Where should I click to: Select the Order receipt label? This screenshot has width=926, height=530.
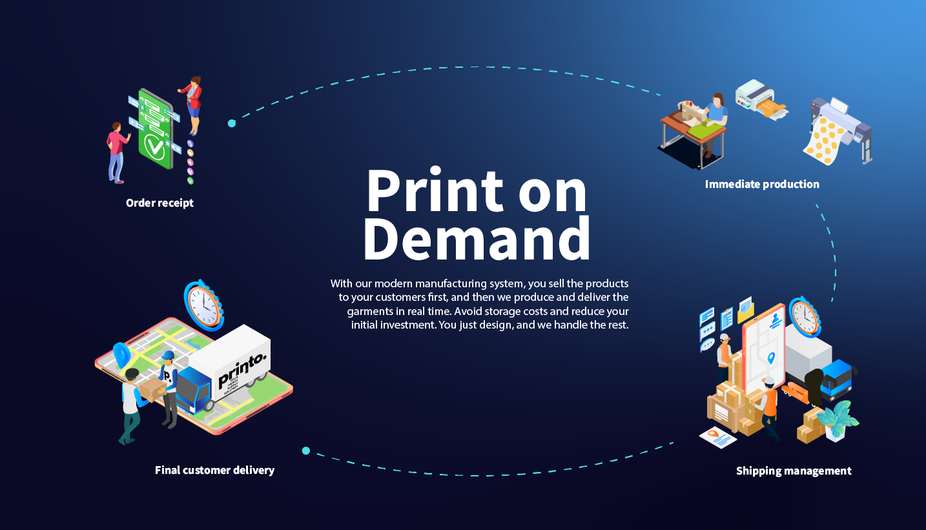click(159, 203)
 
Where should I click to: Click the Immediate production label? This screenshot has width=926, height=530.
click(762, 184)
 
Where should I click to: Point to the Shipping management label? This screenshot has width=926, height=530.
click(794, 471)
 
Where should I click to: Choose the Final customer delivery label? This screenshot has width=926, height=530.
click(214, 470)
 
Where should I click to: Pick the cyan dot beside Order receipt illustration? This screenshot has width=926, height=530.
click(232, 123)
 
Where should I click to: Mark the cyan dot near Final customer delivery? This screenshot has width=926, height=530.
click(306, 451)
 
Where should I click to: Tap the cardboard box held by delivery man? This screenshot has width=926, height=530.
click(154, 389)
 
